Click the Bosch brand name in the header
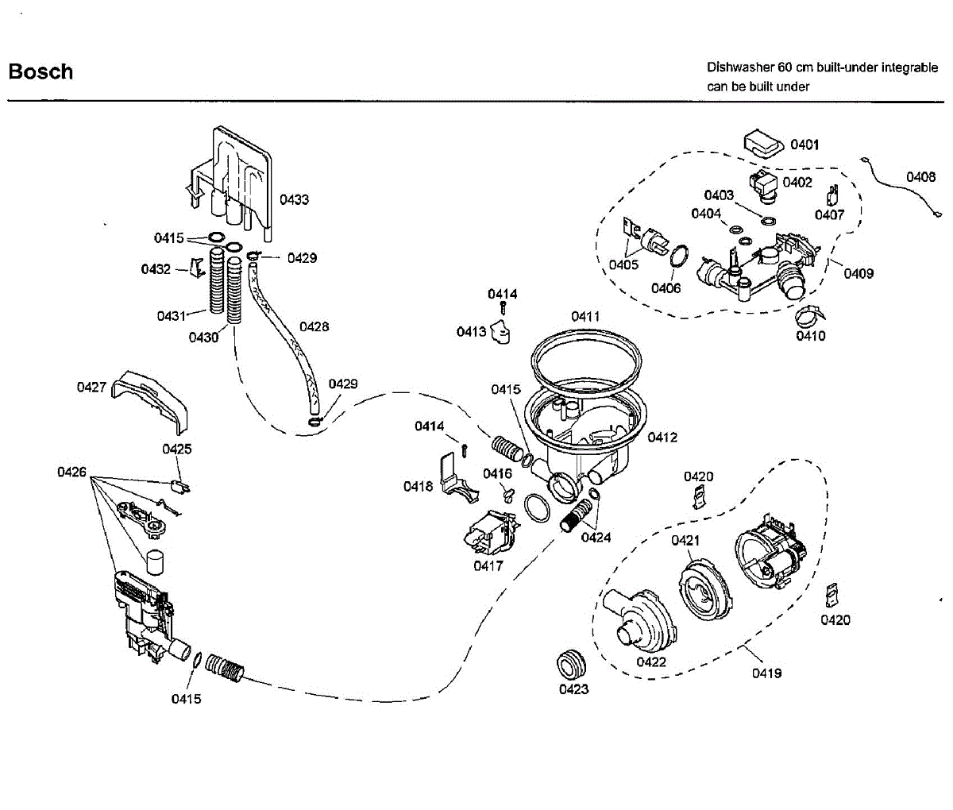click(x=41, y=72)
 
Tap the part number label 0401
click(x=804, y=145)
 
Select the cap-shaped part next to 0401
click(x=763, y=144)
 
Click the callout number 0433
click(x=294, y=199)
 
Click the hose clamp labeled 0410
click(x=809, y=315)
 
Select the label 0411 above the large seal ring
click(x=585, y=317)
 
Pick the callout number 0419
click(x=766, y=673)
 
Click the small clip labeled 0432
click(x=197, y=268)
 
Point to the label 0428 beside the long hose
click(x=314, y=327)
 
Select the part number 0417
click(x=488, y=565)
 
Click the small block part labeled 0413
click(x=500, y=332)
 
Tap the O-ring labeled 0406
click(x=679, y=256)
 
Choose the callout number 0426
click(x=71, y=472)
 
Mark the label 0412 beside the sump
click(x=662, y=438)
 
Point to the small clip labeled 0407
click(x=832, y=195)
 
